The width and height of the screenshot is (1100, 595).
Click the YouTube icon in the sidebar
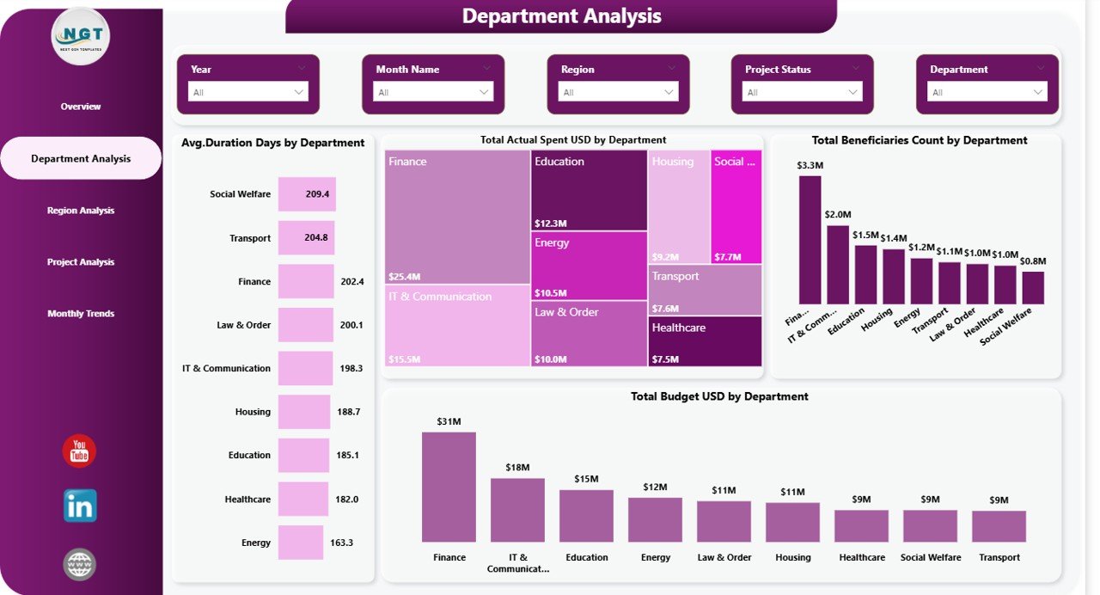tap(79, 451)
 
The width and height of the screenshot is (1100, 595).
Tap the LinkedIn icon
tap(80, 506)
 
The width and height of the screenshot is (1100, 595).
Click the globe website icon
tap(79, 565)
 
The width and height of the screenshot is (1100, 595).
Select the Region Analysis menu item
tap(81, 211)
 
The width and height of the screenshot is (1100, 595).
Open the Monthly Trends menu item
tap(81, 314)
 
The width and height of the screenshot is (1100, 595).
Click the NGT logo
tap(81, 36)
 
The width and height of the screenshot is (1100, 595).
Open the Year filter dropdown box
tap(247, 92)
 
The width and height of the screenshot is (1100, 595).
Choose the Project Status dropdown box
tap(802, 92)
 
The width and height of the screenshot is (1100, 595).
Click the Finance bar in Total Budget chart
tap(449, 487)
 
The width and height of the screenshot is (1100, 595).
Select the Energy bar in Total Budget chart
tap(655, 519)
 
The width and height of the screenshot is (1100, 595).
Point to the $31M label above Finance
tap(449, 421)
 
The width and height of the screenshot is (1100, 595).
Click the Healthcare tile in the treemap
tap(706, 341)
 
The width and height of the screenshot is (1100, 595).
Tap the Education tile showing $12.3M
tap(589, 190)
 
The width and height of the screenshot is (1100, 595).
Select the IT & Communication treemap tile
tap(456, 326)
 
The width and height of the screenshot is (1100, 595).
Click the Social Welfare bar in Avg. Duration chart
tap(307, 194)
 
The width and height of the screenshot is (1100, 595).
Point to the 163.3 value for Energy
tap(341, 543)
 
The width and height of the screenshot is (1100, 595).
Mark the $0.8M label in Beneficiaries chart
tap(1034, 261)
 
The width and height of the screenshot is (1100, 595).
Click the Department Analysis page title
tap(561, 15)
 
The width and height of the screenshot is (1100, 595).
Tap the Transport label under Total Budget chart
tap(999, 557)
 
